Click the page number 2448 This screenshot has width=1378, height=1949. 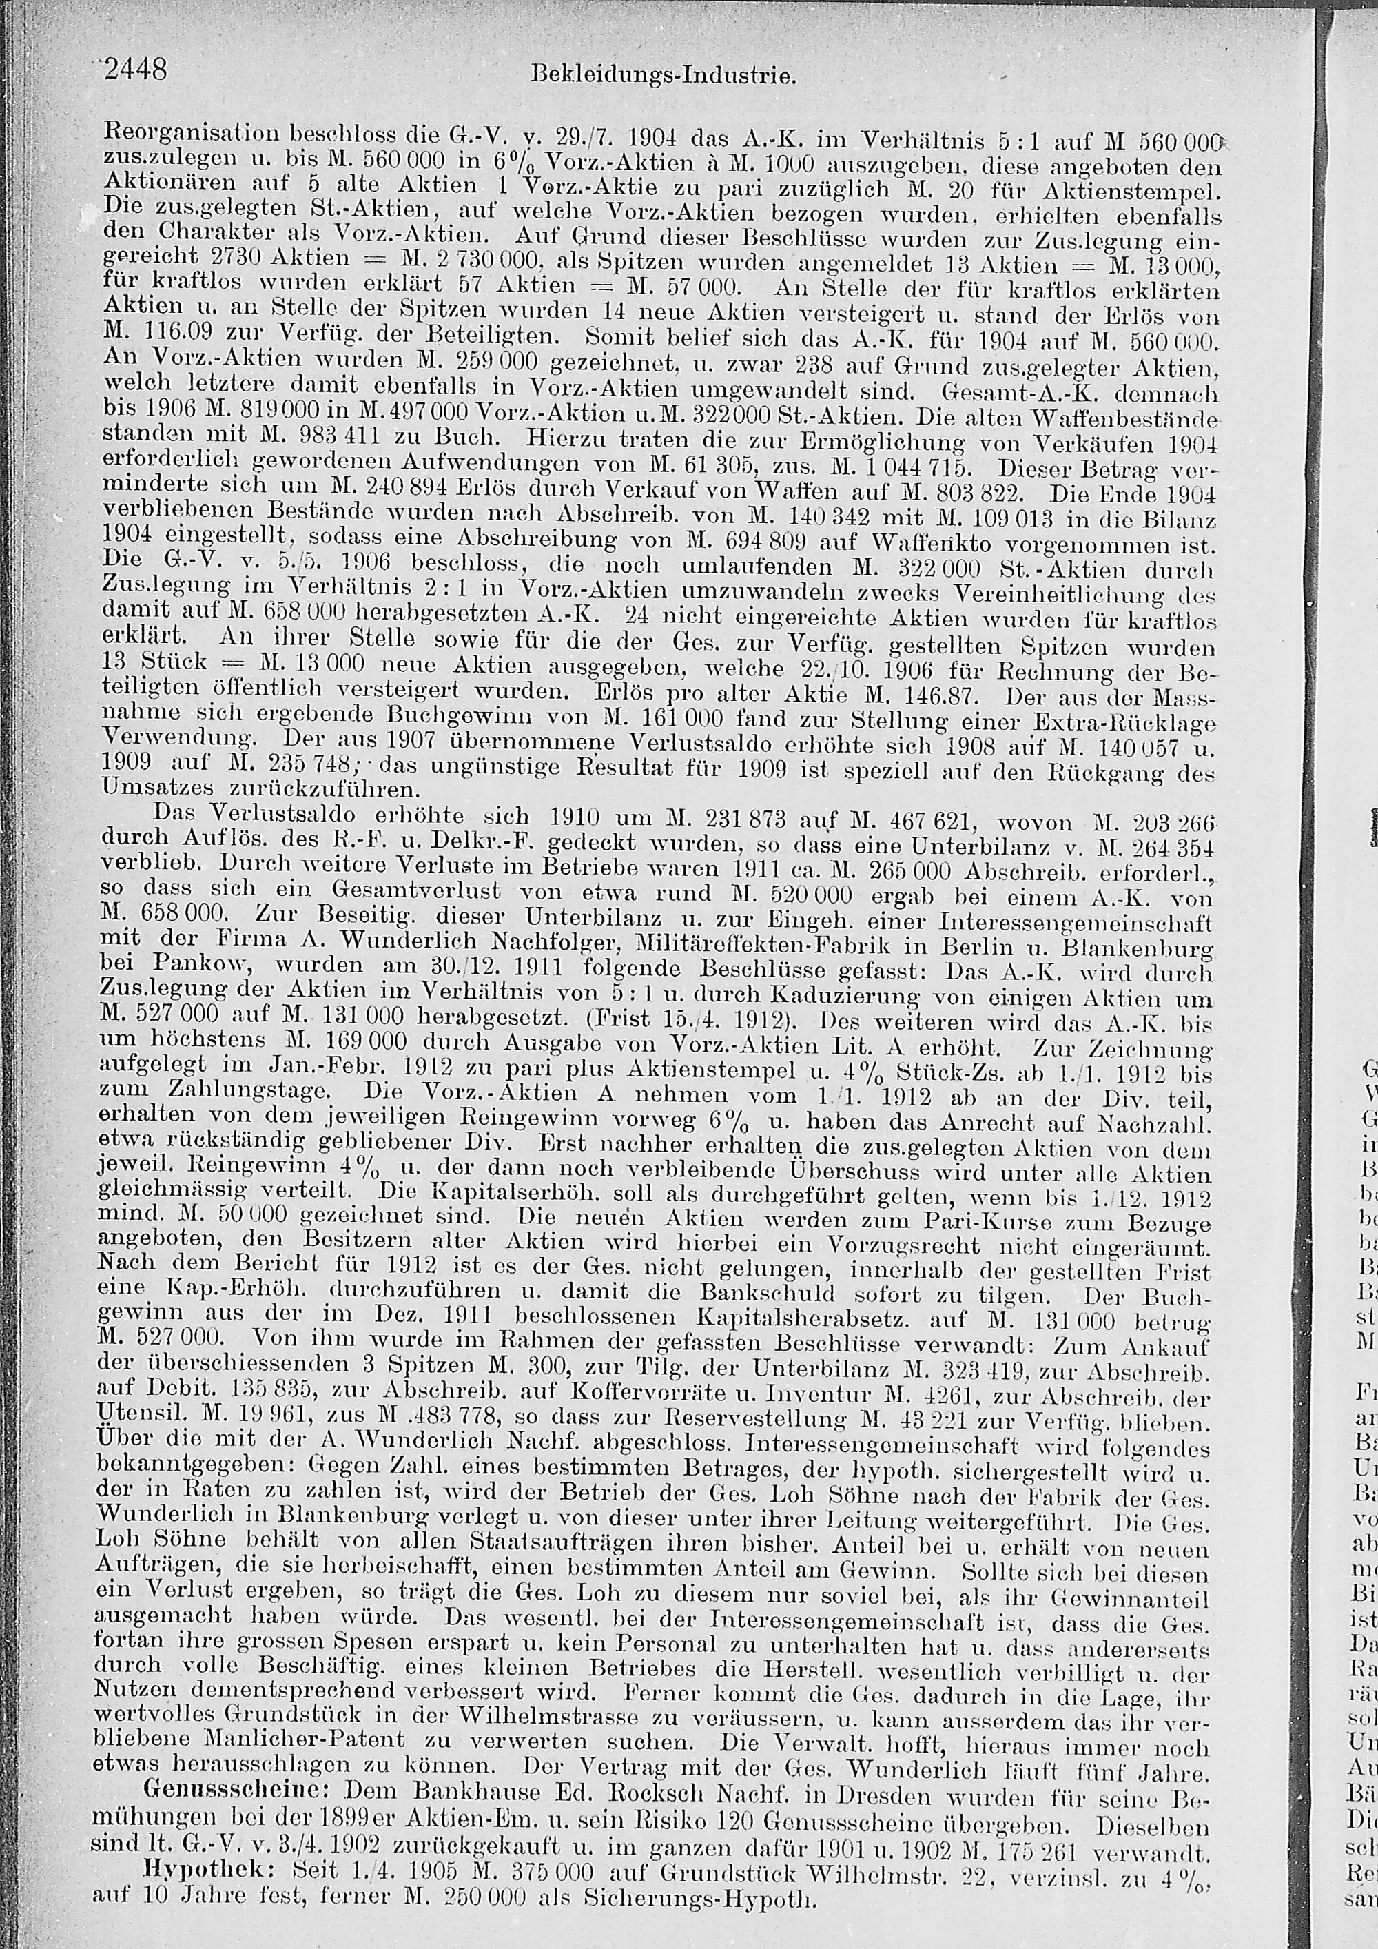pos(136,69)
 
